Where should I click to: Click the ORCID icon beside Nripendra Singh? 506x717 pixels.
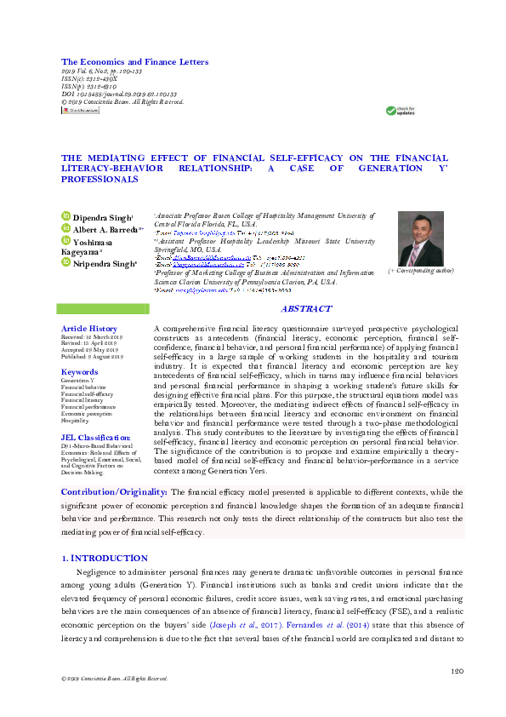[65, 264]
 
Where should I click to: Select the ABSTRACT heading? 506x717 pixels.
[306, 309]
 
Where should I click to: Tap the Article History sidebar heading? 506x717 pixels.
[89, 329]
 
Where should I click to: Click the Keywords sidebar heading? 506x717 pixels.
[79, 372]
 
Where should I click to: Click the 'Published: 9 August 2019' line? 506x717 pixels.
[93, 358]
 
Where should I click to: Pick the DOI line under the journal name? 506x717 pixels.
[119, 95]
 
